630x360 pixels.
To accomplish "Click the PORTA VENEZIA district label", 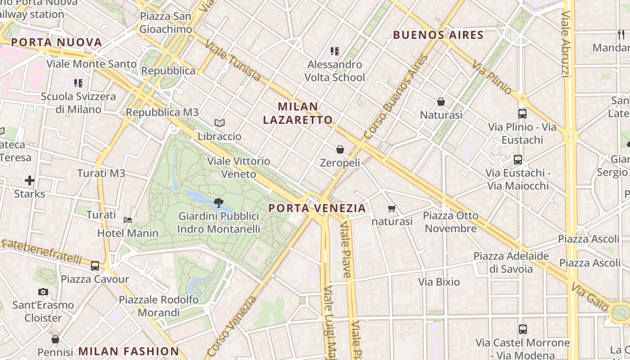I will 317,208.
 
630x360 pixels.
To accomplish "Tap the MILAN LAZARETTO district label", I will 298,113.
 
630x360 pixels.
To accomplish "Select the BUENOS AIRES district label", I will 438,35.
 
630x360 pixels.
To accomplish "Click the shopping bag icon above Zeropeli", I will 340,149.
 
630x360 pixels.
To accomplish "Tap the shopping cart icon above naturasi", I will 392,208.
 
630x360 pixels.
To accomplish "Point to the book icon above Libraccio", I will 220,123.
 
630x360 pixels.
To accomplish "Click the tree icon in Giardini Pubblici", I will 219,202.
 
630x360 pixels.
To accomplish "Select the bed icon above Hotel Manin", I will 128,220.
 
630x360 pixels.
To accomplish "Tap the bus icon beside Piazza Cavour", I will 95,265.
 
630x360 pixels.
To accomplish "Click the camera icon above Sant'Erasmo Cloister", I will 43,292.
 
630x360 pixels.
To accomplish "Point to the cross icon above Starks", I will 30,180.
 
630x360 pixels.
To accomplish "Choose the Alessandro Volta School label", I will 335,71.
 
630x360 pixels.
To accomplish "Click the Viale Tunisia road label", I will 233,61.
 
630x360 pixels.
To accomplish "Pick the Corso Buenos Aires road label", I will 396,97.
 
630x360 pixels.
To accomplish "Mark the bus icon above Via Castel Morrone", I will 522,329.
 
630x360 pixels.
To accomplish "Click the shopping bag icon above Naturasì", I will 441,102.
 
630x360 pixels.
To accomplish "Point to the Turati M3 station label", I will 101,173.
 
